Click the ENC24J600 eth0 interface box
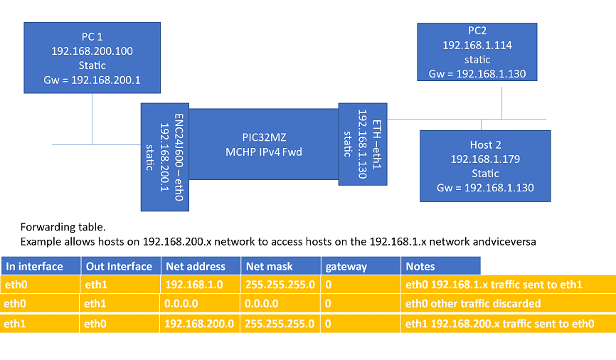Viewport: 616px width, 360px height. pyautogui.click(x=164, y=157)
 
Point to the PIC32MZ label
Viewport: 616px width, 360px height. pyautogui.click(x=262, y=137)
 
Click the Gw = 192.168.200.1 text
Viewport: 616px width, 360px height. pyautogui.click(x=92, y=80)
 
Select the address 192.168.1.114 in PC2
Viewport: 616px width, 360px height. pyautogui.click(x=477, y=46)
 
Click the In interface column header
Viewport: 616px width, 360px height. pyautogui.click(x=35, y=267)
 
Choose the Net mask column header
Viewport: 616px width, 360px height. pyautogui.click(x=266, y=267)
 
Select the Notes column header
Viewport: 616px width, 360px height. pyautogui.click(x=420, y=267)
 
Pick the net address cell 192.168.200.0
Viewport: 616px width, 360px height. pyautogui.click(x=200, y=323)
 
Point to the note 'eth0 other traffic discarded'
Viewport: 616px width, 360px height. pyautogui.click(x=473, y=304)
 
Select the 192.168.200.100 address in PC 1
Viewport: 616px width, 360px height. pyautogui.click(x=92, y=51)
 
